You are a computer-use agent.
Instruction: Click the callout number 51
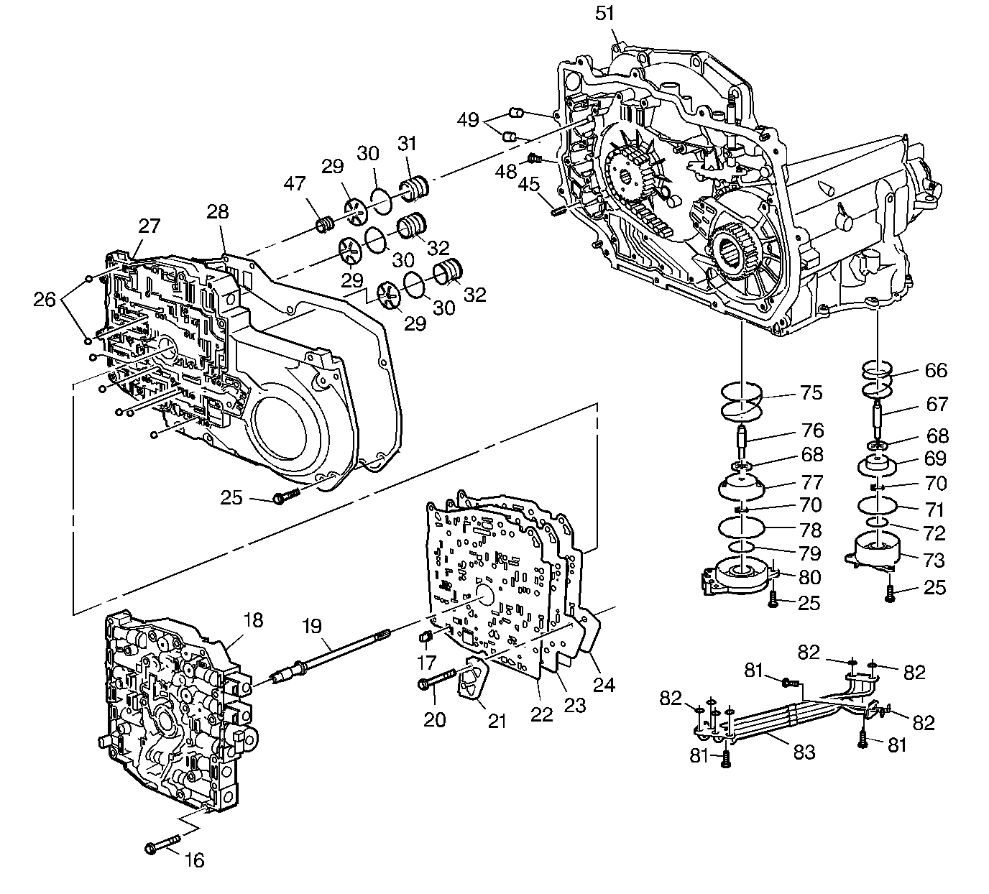pos(606,14)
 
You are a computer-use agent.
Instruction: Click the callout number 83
pos(804,752)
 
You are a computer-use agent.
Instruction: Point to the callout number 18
pos(253,619)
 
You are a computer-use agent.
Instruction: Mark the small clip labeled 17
pos(424,636)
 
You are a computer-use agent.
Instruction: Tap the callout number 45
pos(530,185)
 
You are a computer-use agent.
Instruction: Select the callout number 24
pos(604,685)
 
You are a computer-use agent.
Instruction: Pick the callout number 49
pos(468,119)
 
